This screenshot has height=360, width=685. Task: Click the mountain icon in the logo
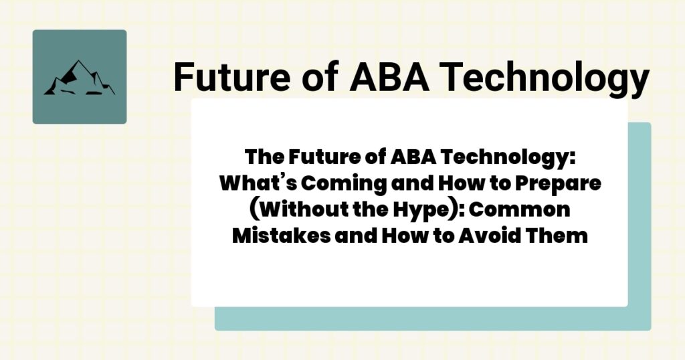click(79, 78)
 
